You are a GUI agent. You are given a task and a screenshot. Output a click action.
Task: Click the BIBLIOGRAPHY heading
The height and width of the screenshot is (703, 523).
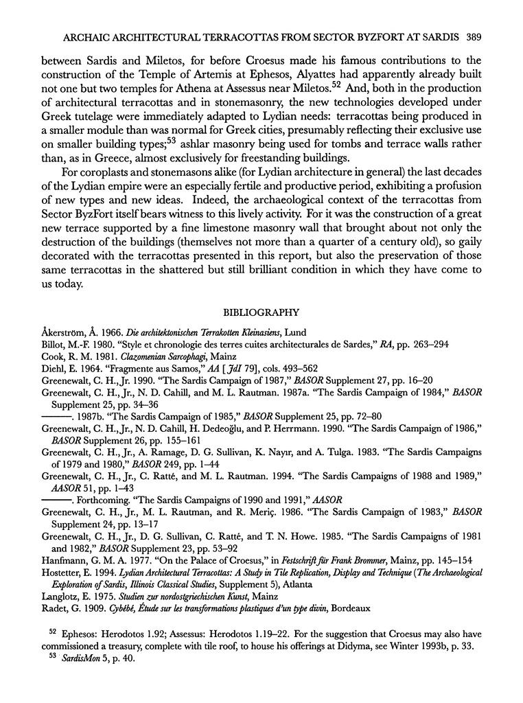point(261,313)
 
